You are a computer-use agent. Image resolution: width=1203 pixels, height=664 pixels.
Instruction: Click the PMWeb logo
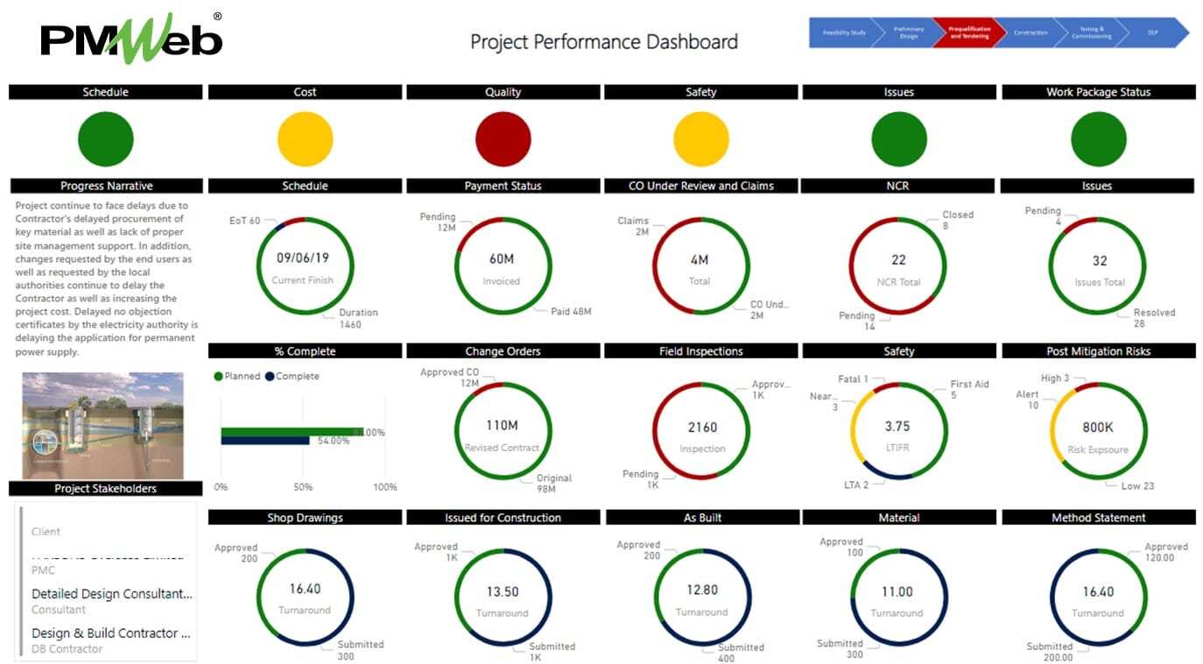click(131, 39)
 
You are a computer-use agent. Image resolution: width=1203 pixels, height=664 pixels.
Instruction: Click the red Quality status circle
click(503, 139)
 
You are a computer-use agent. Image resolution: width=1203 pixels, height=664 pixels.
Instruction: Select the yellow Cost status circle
click(305, 139)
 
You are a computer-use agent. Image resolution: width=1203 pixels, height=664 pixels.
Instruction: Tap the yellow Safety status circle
click(700, 139)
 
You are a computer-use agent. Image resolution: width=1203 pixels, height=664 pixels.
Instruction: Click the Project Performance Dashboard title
click(603, 42)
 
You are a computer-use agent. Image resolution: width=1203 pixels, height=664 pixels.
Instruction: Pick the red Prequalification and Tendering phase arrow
click(968, 32)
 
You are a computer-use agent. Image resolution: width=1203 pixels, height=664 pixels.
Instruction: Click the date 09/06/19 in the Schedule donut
click(302, 258)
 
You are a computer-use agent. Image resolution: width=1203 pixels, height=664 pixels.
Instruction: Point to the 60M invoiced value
click(502, 259)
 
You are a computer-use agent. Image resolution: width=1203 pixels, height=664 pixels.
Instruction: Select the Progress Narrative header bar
click(106, 186)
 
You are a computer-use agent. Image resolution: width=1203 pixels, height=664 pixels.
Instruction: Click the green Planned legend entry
click(237, 376)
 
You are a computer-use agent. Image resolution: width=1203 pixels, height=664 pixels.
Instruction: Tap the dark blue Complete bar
click(264, 441)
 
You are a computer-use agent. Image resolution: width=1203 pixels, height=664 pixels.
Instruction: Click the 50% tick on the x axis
click(302, 487)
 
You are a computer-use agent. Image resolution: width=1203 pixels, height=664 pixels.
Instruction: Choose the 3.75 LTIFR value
click(897, 427)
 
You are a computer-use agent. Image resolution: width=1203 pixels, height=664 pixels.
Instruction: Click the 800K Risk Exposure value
click(1098, 427)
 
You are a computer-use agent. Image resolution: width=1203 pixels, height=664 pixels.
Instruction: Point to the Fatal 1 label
click(853, 379)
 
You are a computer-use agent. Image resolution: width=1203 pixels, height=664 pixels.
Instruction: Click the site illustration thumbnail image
click(102, 425)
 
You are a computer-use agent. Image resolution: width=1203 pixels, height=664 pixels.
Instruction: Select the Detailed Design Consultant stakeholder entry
click(111, 594)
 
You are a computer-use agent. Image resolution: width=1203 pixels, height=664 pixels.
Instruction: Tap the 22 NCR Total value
click(898, 259)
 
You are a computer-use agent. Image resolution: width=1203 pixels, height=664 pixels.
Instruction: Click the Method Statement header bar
click(1098, 518)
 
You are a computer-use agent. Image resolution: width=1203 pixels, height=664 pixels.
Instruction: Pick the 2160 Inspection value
click(702, 427)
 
